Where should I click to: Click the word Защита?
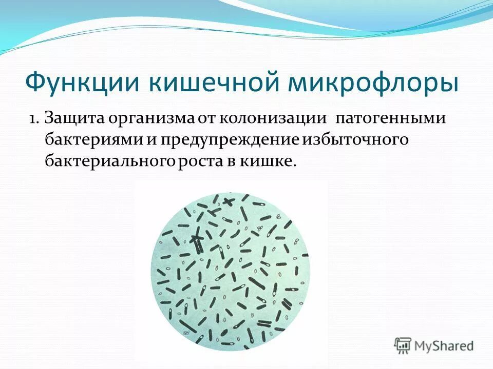pos(74,118)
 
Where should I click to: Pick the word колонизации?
pos(273,119)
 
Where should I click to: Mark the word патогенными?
pos(390,119)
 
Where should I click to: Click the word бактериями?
pos(96,140)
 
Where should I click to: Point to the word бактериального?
pos(111,161)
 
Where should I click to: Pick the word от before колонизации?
pos(206,119)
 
